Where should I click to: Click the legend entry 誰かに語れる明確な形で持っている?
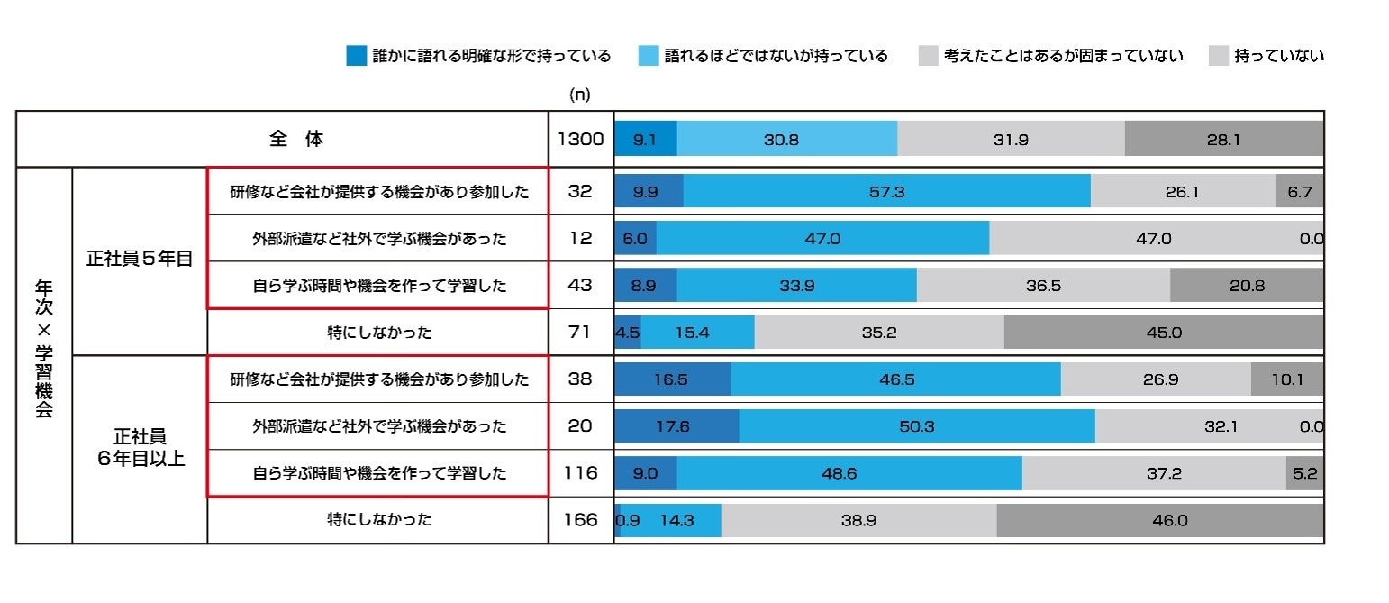pyautogui.click(x=479, y=56)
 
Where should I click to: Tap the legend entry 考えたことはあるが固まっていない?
pyautogui.click(x=1050, y=56)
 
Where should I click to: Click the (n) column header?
pyautogui.click(x=580, y=94)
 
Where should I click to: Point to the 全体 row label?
pyautogui.click(x=296, y=140)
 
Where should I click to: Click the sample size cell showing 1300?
pyautogui.click(x=581, y=140)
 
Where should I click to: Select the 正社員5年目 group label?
pyautogui.click(x=140, y=260)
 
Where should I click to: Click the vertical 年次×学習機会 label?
pyautogui.click(x=44, y=354)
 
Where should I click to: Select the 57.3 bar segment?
pyautogui.click(x=886, y=191)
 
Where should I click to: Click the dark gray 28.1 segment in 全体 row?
pyautogui.click(x=1223, y=140)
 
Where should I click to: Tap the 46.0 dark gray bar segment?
pyautogui.click(x=1159, y=520)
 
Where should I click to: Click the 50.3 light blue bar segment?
pyautogui.click(x=916, y=426)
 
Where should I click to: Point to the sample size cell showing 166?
pyautogui.click(x=581, y=520)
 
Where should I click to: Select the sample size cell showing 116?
pyautogui.click(x=581, y=473)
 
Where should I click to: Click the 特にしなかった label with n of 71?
pyautogui.click(x=379, y=333)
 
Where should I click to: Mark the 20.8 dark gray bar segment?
pyautogui.click(x=1246, y=286)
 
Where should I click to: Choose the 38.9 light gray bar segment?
pyautogui.click(x=858, y=520)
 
